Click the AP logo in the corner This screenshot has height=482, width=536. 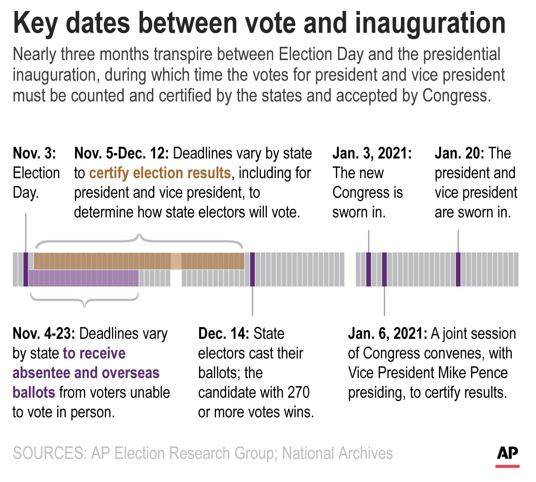pos(507,453)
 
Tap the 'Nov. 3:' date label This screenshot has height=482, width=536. pos(34,153)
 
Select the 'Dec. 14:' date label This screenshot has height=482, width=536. pos(223,334)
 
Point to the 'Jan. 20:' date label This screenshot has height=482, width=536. pos(459,153)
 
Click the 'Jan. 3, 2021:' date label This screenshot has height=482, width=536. pos(372,153)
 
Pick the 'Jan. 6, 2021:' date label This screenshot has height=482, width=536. pos(387,334)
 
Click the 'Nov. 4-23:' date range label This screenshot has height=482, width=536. pos(44,334)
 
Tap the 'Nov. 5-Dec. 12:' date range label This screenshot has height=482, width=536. pos(121,153)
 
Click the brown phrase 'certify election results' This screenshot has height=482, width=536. pos(160,173)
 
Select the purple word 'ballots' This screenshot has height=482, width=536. pos(34,393)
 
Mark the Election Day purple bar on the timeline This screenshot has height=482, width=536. pos(26,269)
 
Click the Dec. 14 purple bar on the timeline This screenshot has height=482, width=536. pos(252,269)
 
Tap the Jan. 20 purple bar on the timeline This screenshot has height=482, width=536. pos(458,269)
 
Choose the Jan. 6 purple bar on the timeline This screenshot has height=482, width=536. pos(384,269)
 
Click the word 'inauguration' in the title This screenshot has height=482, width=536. pos(430,23)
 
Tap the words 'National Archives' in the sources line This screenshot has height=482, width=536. pos(337,453)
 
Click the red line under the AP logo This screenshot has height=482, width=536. pos(507,466)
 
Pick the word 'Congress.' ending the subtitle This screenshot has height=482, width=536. pos(457,96)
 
